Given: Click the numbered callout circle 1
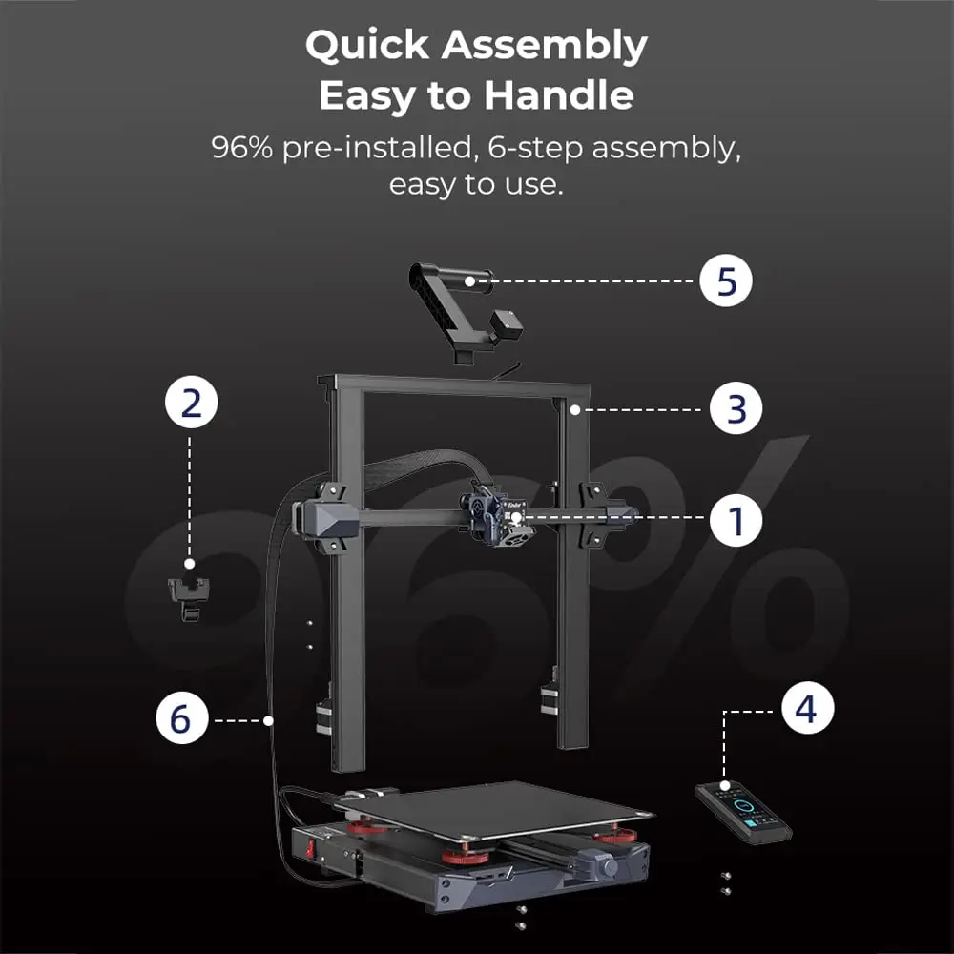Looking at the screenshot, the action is click(736, 520).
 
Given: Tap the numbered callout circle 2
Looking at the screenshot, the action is click(191, 402).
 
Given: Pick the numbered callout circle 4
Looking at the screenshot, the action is click(807, 708).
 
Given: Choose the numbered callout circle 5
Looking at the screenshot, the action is click(726, 280).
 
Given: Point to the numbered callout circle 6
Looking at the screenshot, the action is click(181, 717).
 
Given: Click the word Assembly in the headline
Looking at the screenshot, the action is click(545, 47).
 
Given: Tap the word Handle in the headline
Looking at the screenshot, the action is click(558, 94).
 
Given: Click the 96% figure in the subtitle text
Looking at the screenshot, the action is click(242, 147).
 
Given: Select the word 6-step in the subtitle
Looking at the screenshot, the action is click(535, 149).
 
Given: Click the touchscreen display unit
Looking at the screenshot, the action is click(743, 813).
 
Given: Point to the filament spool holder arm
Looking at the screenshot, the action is click(467, 312).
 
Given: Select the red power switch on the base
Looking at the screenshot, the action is click(310, 849).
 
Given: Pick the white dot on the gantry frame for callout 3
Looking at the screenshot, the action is click(574, 410).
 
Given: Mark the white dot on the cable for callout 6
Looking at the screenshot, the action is click(268, 720).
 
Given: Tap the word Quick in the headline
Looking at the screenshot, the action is click(367, 45).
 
